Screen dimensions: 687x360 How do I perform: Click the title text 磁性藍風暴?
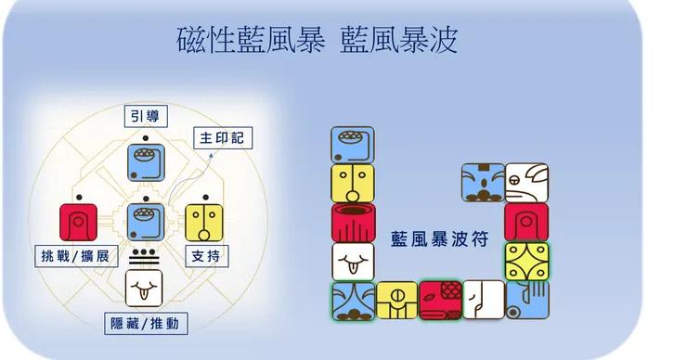[251, 40]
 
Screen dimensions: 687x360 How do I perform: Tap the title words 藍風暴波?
[398, 40]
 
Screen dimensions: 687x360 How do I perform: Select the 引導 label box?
[146, 116]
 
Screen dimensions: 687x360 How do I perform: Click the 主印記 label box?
[223, 138]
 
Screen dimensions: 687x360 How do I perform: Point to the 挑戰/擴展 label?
[76, 256]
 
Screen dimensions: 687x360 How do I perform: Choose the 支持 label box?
[207, 256]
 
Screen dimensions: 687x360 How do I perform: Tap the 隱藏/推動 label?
[146, 324]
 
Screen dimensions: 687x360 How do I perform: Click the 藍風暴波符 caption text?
[439, 239]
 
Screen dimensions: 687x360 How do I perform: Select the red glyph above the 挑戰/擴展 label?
[78, 222]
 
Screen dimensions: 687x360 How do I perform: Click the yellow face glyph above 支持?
[204, 223]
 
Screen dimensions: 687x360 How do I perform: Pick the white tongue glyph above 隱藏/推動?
[144, 289]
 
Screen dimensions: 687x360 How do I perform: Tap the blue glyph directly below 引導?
[146, 162]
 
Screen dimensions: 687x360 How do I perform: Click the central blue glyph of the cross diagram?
[146, 223]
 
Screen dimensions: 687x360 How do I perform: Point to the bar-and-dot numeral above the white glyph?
[144, 257]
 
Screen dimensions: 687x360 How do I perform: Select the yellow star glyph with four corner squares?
[527, 261]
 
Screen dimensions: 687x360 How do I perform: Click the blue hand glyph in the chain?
[527, 300]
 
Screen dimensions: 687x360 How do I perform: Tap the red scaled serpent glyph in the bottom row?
[440, 301]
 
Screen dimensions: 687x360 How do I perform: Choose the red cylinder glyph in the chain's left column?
[353, 223]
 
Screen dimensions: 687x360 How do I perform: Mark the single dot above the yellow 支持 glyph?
[205, 198]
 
